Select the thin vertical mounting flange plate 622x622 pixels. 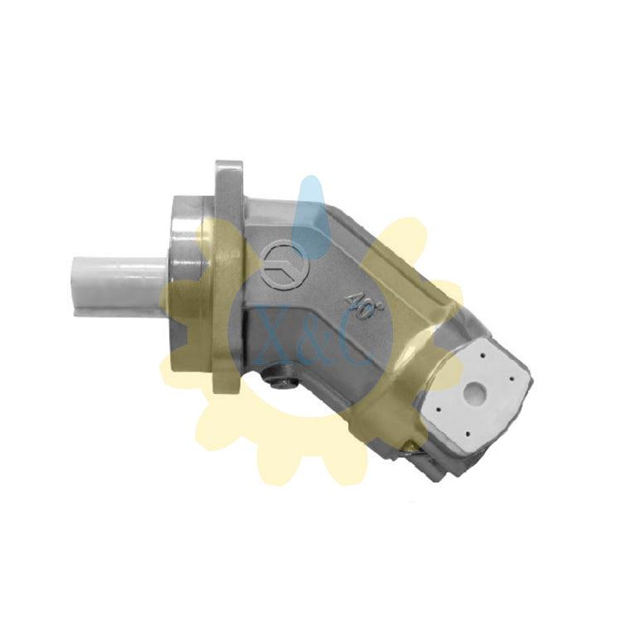[228, 278]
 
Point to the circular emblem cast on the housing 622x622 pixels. [285, 265]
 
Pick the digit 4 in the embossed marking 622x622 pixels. [352, 301]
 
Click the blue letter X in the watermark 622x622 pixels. [274, 334]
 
